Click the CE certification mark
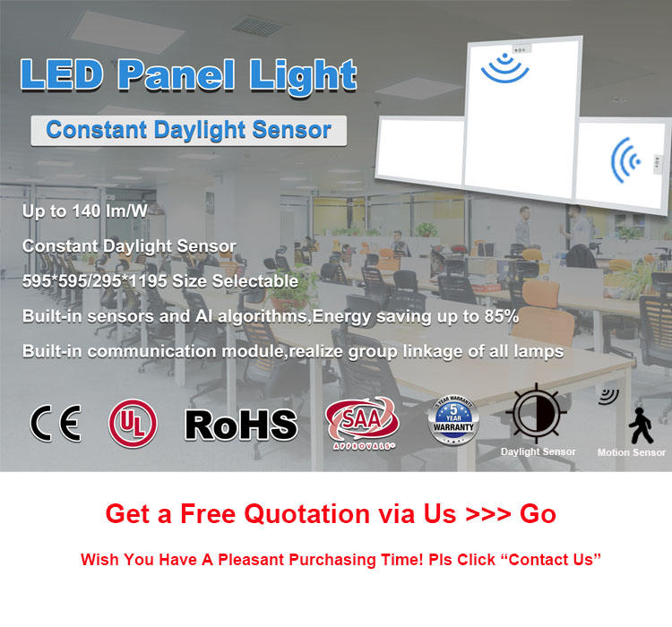pyautogui.click(x=56, y=423)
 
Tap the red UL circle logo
pyautogui.click(x=133, y=424)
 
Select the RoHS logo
pyautogui.click(x=241, y=425)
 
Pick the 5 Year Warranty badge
pyautogui.click(x=453, y=420)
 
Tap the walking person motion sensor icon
pyautogui.click(x=641, y=425)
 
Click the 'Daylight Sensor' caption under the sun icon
pyautogui.click(x=538, y=451)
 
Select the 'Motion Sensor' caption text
pyautogui.click(x=632, y=452)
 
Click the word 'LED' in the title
pyautogui.click(x=62, y=75)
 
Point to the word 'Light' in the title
pyautogui.click(x=303, y=76)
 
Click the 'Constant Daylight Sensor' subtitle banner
pyautogui.click(x=188, y=131)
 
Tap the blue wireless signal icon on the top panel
pyautogui.click(x=505, y=69)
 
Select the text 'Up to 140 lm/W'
pyautogui.click(x=85, y=210)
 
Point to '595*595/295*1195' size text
pyautogui.click(x=95, y=281)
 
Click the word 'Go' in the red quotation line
pyautogui.click(x=538, y=514)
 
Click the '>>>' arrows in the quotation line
pyautogui.click(x=488, y=514)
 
